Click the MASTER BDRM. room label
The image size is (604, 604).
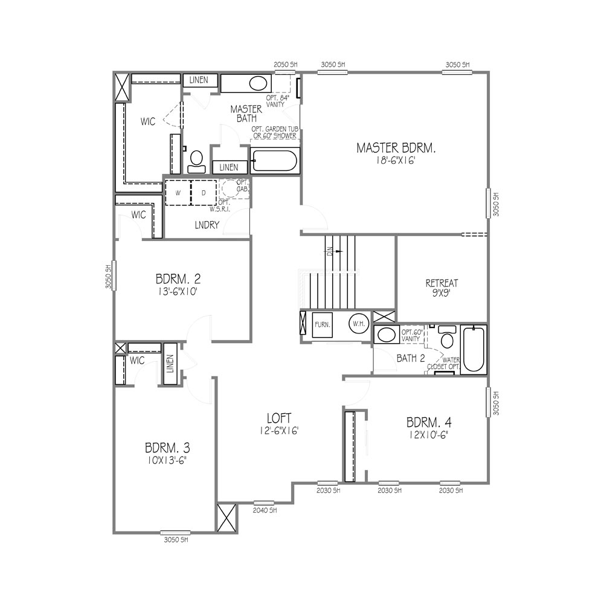[396, 147]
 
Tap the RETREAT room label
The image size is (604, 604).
[442, 282]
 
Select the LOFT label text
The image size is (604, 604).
[280, 417]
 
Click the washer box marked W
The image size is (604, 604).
[178, 193]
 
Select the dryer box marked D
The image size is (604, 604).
[204, 193]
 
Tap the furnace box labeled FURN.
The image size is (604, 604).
[322, 325]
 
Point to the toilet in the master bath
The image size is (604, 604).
[196, 160]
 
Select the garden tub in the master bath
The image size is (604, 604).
[274, 161]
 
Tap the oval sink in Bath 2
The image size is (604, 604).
[385, 334]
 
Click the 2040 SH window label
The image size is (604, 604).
[264, 510]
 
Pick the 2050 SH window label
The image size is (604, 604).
[286, 64]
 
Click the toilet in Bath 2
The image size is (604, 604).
[448, 339]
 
